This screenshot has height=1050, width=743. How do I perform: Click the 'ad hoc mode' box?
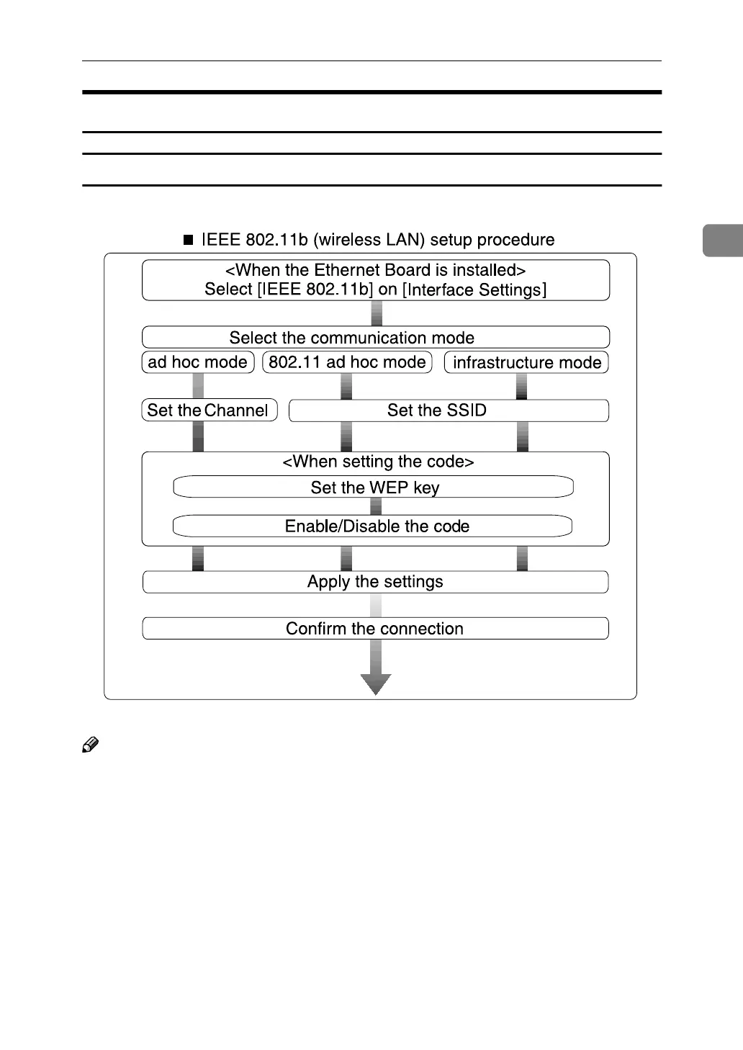(x=198, y=362)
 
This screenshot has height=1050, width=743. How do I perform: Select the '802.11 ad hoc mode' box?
(x=347, y=362)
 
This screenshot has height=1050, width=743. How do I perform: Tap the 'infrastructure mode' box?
(x=526, y=362)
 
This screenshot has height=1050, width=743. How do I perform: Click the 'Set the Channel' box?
(x=209, y=410)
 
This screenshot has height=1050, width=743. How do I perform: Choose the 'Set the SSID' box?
(x=449, y=410)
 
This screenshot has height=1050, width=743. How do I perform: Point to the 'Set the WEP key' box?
(x=374, y=488)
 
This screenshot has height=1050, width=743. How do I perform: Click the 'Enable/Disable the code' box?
(x=373, y=526)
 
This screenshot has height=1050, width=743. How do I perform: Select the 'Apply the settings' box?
(x=375, y=582)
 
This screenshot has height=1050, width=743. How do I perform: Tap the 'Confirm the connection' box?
(x=375, y=629)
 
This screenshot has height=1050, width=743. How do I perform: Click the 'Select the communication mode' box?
(x=375, y=338)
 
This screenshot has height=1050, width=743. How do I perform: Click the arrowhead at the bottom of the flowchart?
(x=376, y=683)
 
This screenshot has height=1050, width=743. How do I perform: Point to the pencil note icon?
(x=90, y=745)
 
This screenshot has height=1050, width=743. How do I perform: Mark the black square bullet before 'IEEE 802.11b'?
(x=189, y=241)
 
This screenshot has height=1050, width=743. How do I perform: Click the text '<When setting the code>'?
(x=378, y=462)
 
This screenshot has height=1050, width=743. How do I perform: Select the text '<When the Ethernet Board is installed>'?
(x=375, y=271)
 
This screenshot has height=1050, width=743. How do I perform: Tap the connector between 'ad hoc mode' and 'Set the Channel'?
(x=198, y=386)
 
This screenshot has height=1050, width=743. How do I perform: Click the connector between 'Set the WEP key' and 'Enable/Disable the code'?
(x=375, y=506)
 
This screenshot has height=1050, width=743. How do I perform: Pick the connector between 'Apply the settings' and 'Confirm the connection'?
(x=375, y=605)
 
